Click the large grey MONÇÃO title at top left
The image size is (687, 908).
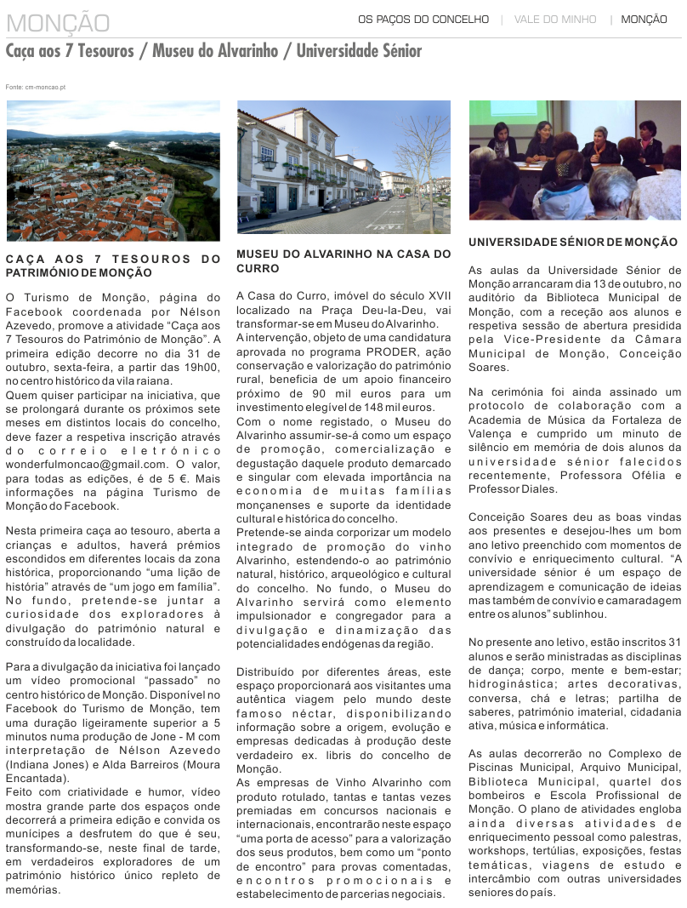(x=58, y=22)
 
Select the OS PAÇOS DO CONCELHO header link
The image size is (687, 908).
(x=423, y=19)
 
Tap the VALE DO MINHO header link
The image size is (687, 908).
(x=554, y=19)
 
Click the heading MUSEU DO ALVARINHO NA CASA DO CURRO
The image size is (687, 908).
(x=343, y=260)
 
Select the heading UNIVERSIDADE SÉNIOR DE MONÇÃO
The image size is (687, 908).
(x=573, y=243)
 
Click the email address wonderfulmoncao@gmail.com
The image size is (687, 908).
(x=86, y=464)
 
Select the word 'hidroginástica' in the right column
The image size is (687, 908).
(x=508, y=684)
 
